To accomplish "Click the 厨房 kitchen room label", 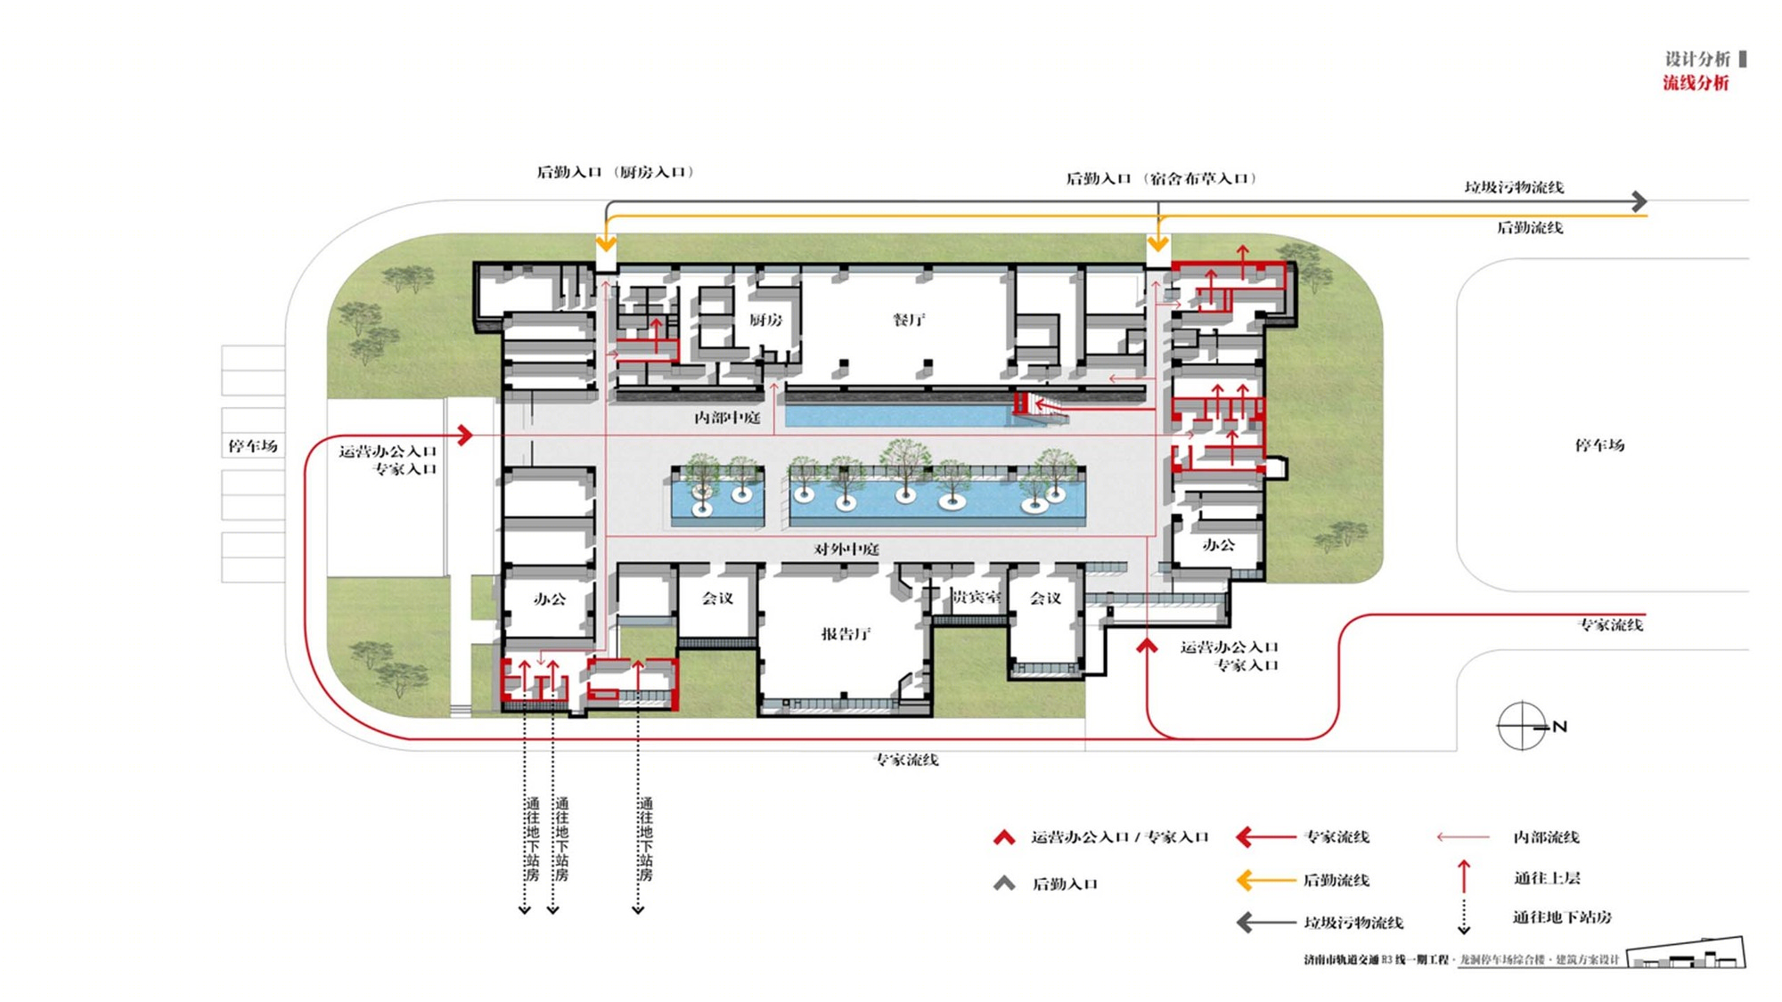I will tap(765, 320).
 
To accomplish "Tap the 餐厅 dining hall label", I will tap(909, 320).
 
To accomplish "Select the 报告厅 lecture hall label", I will tap(846, 634).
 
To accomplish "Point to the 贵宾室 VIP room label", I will tap(976, 597).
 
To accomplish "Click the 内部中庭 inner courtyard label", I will tap(727, 418).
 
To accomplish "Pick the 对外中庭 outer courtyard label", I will tap(846, 550).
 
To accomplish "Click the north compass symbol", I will tap(1523, 726).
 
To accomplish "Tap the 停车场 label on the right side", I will tap(1599, 445).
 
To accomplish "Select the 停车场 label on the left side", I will tap(252, 445).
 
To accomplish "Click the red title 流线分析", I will tap(1695, 83).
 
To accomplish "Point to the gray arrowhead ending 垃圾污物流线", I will tap(1639, 201).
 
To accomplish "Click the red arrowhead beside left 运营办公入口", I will tap(464, 435).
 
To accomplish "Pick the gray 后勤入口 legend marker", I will tap(1004, 884).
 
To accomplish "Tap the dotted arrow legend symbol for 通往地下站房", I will tap(1463, 917).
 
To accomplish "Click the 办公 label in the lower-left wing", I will tap(550, 599).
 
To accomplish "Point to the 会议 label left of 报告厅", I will tap(717, 599).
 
